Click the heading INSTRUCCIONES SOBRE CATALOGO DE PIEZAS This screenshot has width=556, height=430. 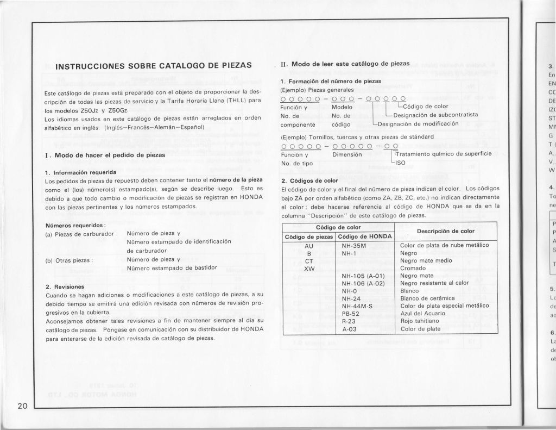[154, 66]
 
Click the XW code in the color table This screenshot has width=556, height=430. [309, 268]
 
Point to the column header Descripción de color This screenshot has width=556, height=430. [445, 231]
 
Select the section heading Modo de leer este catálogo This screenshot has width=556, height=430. [350, 64]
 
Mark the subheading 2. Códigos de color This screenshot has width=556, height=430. [311, 180]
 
